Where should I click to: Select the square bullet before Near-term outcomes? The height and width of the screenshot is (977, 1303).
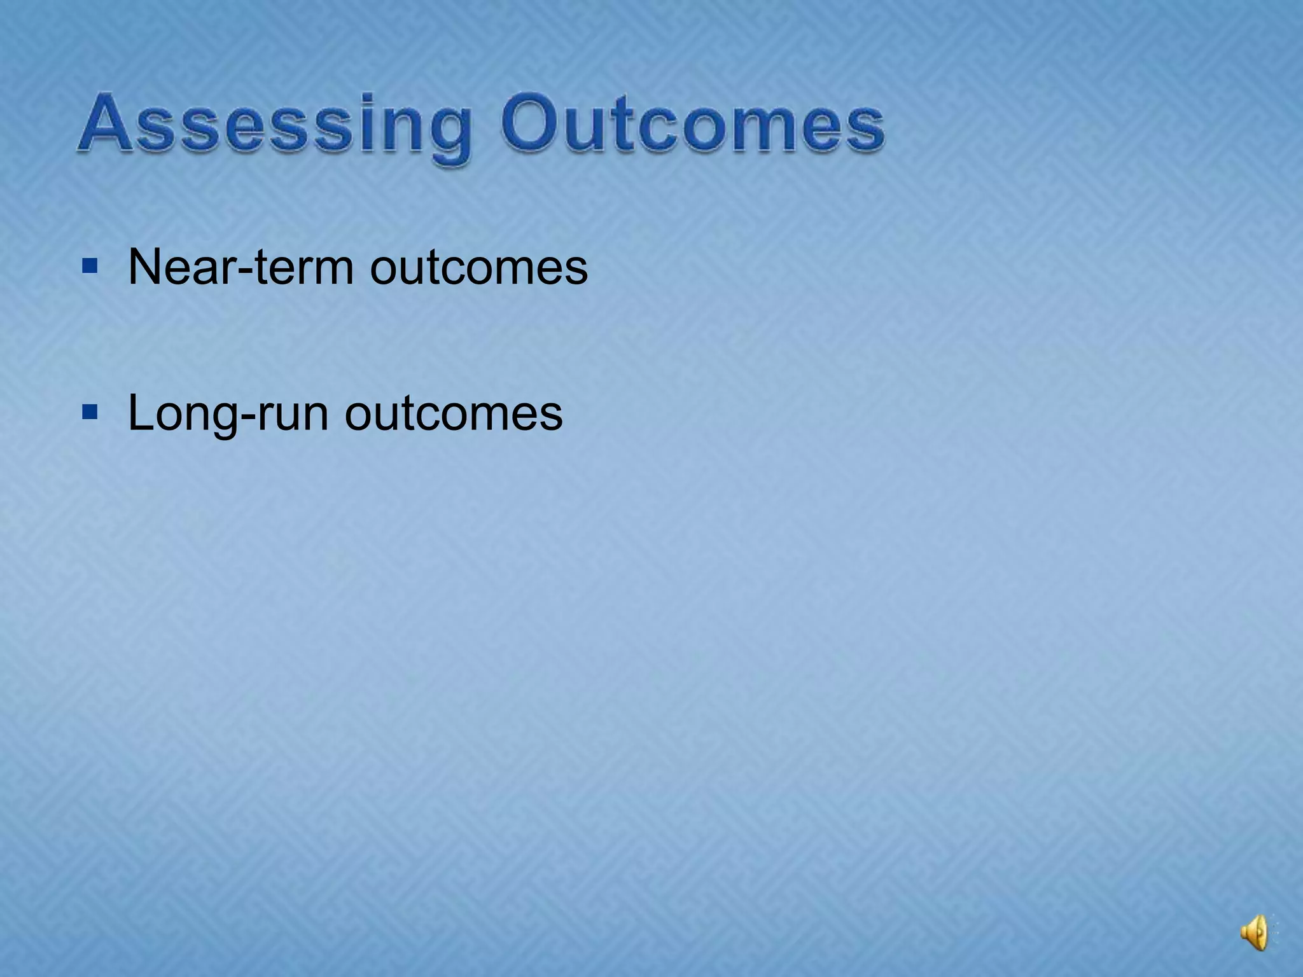tap(90, 266)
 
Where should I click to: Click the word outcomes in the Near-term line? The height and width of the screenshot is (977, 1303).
tap(478, 268)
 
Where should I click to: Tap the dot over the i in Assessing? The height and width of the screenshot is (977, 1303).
tap(369, 97)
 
